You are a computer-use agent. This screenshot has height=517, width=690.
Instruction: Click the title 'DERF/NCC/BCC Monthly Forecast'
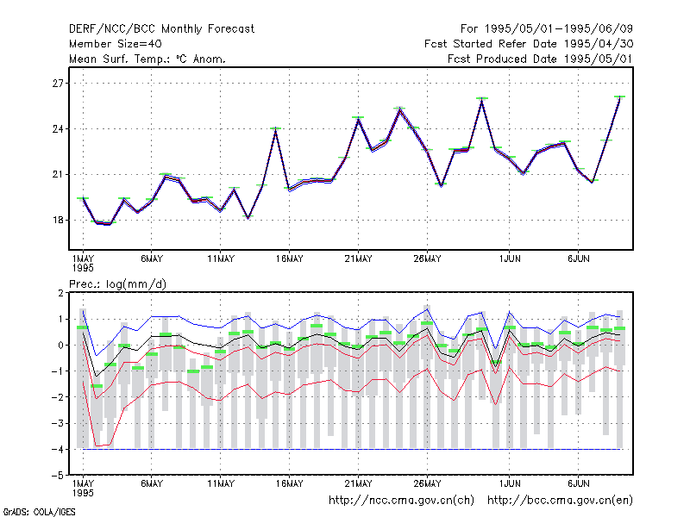click(161, 29)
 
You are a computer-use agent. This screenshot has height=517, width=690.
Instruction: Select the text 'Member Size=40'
click(116, 44)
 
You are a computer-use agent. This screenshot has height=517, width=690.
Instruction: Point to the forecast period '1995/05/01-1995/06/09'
click(558, 29)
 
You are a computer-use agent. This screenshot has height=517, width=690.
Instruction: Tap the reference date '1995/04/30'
click(599, 44)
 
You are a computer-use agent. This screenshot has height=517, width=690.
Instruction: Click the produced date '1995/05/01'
click(599, 59)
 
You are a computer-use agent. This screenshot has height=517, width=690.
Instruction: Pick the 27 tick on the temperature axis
click(58, 83)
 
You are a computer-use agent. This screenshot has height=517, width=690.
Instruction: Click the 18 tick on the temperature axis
click(58, 221)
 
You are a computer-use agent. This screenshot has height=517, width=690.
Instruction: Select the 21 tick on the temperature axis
click(58, 175)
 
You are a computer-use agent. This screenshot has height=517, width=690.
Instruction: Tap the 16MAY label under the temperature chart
click(290, 259)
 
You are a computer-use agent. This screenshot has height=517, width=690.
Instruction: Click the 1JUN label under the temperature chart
click(510, 259)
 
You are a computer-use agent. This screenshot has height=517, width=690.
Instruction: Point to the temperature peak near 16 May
click(275, 128)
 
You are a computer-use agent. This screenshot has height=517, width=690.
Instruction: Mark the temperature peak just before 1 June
click(482, 99)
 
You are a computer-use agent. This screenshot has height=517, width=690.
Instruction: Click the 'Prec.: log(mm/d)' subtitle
click(118, 284)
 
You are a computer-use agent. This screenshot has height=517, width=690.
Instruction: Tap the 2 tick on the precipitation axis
click(60, 293)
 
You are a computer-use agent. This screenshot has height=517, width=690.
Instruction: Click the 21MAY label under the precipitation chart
click(358, 483)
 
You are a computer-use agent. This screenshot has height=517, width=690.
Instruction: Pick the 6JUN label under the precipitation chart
click(578, 483)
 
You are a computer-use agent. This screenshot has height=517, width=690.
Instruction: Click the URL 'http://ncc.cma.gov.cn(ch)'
click(401, 501)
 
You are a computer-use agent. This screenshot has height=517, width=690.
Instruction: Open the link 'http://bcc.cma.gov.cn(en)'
click(560, 501)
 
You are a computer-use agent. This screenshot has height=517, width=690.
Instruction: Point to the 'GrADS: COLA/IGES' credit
click(39, 512)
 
